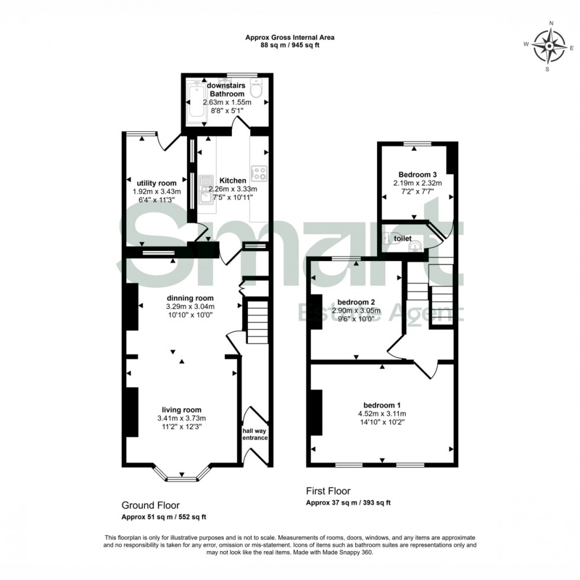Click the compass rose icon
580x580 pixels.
click(x=549, y=46)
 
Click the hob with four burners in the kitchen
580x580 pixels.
click(x=259, y=173)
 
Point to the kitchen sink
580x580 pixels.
click(x=206, y=188)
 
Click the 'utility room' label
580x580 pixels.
click(x=157, y=183)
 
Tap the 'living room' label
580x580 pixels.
click(x=182, y=410)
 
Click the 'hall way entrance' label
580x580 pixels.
click(x=255, y=434)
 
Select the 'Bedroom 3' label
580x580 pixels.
click(x=417, y=175)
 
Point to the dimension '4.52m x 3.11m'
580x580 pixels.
click(x=381, y=414)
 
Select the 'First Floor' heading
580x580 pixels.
click(x=328, y=491)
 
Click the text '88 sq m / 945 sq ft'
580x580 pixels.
click(x=290, y=46)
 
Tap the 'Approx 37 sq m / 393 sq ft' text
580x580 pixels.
click(x=348, y=503)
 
